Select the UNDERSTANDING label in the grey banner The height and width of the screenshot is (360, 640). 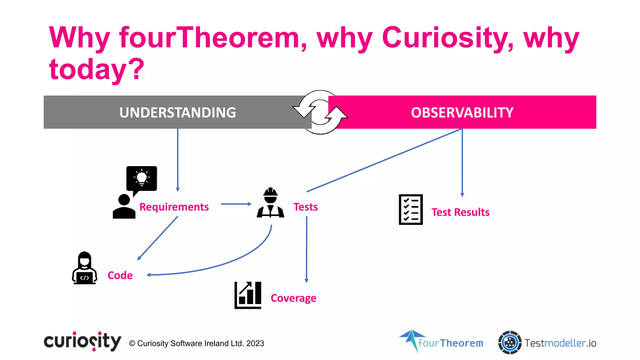coord(177,112)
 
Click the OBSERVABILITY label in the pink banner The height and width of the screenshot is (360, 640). coord(462,112)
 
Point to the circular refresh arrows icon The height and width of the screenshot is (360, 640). coord(320,112)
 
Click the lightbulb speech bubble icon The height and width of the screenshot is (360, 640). coord(142,179)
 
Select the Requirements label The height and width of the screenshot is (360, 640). coord(174,207)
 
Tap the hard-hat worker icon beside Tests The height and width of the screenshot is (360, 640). coord(271,203)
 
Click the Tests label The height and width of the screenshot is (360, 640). coord(306,207)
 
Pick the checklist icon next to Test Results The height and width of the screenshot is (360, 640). coord(411,209)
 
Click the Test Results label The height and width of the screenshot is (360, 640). coord(460,212)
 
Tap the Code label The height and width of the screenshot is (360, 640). coord(120,275)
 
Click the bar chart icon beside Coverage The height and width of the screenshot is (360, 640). coord(248,295)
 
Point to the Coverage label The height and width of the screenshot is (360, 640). coord(293,298)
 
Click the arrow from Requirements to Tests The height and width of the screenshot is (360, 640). coord(236,204)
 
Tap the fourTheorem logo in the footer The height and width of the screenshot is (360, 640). coord(441,342)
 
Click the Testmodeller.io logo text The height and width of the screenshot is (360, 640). coord(560,343)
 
